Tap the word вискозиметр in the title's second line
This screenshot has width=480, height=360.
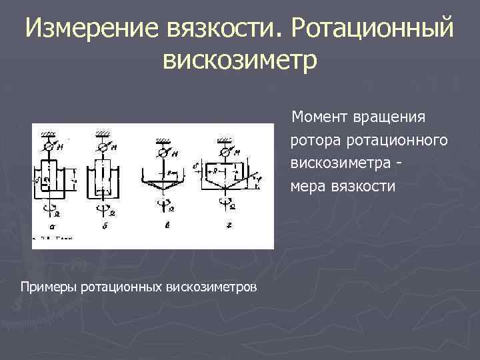[x=240, y=59]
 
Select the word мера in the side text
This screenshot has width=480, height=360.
[x=308, y=187]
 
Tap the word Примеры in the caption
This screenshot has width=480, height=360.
[x=48, y=287]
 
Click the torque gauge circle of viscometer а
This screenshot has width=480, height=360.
[x=48, y=147]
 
